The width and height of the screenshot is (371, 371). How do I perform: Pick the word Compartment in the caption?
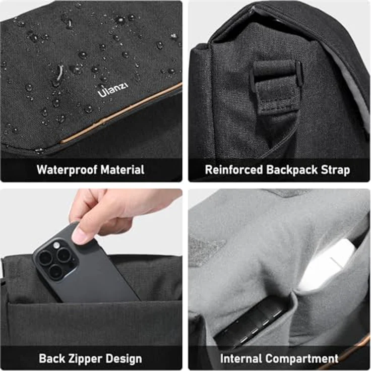coord(301,359)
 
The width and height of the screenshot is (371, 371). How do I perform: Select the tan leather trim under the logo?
coord(121,114)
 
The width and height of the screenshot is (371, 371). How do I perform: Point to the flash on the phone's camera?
coord(57,245)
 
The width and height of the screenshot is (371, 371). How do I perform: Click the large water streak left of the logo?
coord(60,72)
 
